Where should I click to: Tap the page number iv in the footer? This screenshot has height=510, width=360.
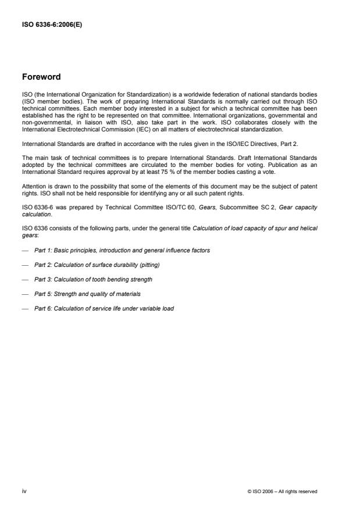point(24,491)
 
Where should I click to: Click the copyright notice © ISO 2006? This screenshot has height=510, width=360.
point(282,491)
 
